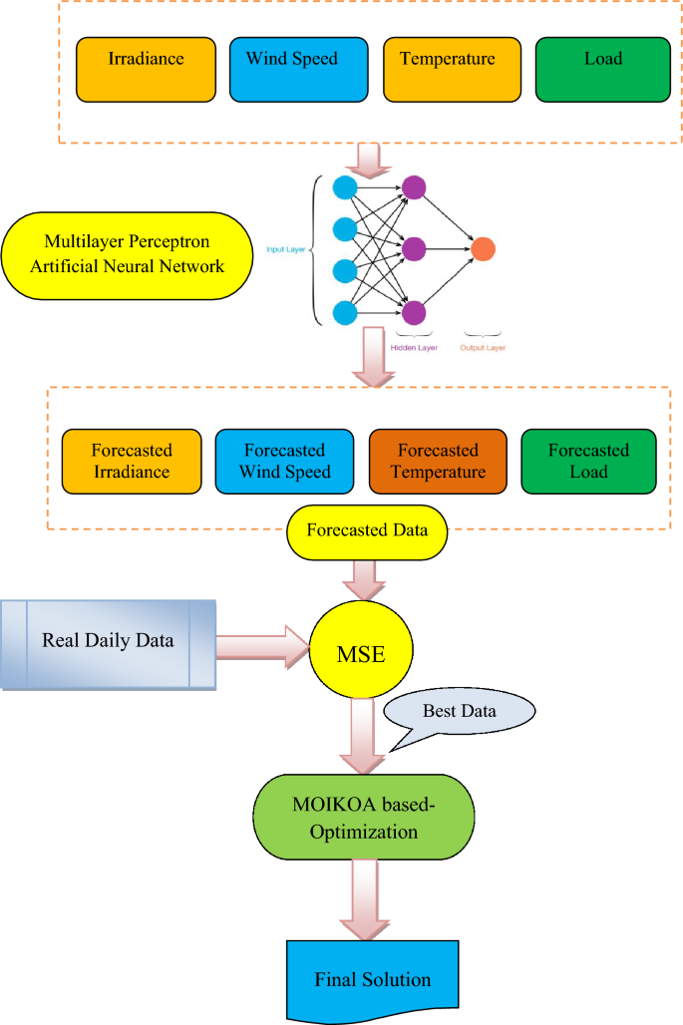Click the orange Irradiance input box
click(x=146, y=69)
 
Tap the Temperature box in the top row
click(x=448, y=69)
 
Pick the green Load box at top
click(x=602, y=69)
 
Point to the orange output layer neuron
click(x=483, y=249)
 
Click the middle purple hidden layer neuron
click(x=414, y=248)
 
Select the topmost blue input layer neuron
click(x=345, y=186)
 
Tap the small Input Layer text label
click(x=288, y=249)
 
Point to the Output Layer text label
click(x=483, y=348)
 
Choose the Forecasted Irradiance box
click(x=131, y=461)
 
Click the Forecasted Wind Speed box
click(x=284, y=461)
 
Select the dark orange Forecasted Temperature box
click(x=438, y=461)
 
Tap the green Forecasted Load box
click(x=588, y=461)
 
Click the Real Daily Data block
click(x=108, y=643)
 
